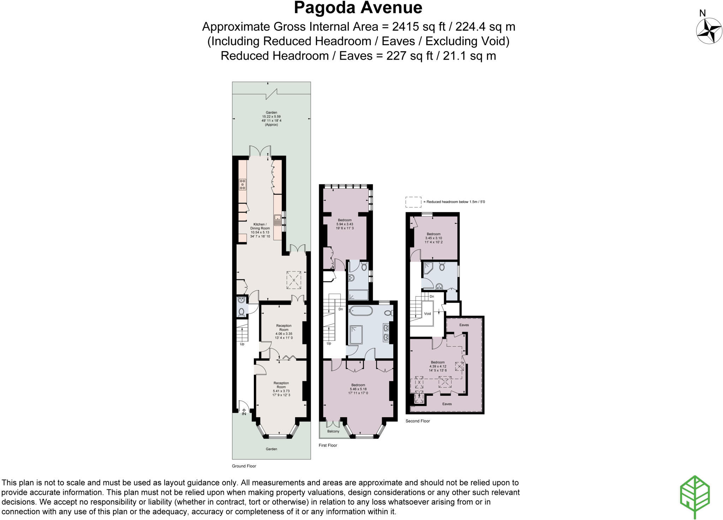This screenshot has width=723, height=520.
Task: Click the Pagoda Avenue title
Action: [358, 8]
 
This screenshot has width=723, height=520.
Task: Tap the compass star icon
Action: [709, 31]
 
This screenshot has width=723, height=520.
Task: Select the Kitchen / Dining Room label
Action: [260, 230]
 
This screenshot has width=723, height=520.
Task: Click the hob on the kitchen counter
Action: [243, 185]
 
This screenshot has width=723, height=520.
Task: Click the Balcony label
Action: [333, 431]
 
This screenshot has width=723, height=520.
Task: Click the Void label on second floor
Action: [427, 313]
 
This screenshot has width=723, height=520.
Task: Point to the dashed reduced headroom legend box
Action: [413, 202]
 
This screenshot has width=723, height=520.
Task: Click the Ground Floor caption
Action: [244, 466]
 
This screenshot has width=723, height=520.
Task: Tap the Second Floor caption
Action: [418, 421]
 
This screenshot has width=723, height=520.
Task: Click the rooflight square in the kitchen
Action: [294, 280]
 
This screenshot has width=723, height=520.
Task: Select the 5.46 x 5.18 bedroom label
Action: [358, 389]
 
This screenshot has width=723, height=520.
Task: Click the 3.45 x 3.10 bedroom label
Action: [434, 238]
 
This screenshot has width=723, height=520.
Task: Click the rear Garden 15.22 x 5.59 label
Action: [271, 118]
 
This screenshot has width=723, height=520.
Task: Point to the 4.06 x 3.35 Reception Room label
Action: [284, 331]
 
